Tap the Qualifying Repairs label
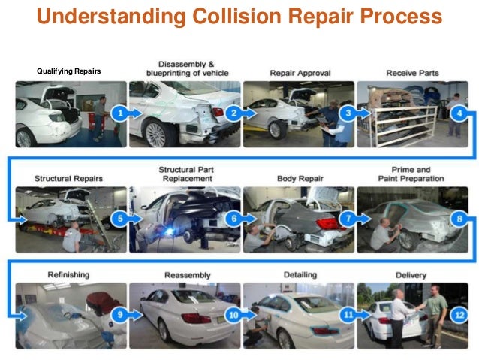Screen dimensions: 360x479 [x=68, y=71]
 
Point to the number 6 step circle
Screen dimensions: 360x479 [x=233, y=220]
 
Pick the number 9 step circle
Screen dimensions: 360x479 [x=119, y=314]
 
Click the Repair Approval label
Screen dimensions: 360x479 [x=296, y=73]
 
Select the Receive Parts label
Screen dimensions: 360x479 [x=411, y=73]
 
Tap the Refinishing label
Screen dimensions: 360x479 [x=68, y=276]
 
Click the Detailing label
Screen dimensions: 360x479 [x=300, y=276]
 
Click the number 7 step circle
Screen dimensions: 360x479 [x=347, y=220]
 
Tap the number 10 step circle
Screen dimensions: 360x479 [x=233, y=314]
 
